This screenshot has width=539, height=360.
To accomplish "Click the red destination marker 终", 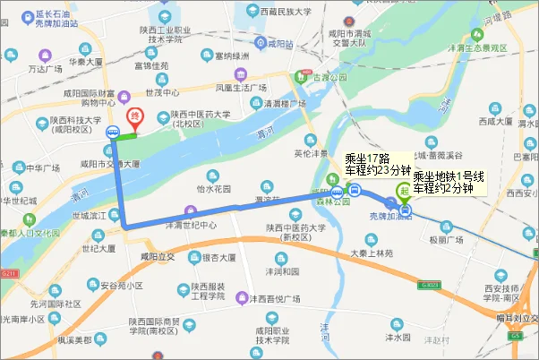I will point(135,117).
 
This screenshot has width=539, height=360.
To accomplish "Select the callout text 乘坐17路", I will point(368,159).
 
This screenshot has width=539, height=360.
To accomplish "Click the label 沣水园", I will point(397,338).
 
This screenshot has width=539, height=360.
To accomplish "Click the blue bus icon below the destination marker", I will point(112,132).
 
